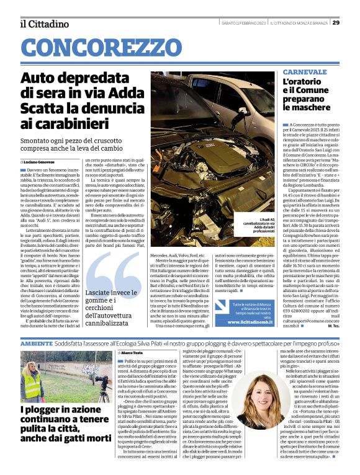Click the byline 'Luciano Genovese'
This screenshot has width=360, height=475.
40,161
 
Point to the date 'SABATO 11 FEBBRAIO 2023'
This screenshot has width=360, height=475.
244,23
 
